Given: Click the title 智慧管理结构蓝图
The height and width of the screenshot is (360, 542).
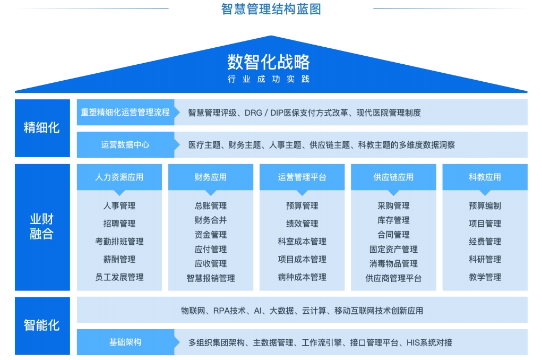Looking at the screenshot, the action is (x=271, y=9).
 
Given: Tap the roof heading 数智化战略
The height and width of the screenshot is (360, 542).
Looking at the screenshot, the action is (x=269, y=62).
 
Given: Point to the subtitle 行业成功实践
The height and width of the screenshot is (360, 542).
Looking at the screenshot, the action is (x=269, y=79).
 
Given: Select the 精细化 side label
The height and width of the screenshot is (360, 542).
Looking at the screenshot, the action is (x=42, y=128).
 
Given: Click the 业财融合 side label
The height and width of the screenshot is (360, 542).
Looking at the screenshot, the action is (x=42, y=227).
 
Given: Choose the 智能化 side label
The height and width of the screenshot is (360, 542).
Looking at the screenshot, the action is (x=42, y=326).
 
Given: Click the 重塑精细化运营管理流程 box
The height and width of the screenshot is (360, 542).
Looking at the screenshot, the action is (x=125, y=113).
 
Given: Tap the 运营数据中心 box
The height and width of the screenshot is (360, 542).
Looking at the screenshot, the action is (x=125, y=144).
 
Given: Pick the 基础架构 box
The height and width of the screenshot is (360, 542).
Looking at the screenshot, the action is (x=125, y=342).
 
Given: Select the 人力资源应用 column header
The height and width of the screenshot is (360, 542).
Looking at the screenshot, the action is (x=119, y=177).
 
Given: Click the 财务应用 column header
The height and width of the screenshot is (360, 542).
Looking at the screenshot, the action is (x=211, y=177).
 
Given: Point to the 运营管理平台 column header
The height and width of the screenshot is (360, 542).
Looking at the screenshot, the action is (x=302, y=177).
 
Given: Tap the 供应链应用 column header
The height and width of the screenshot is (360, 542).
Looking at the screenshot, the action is (x=393, y=177).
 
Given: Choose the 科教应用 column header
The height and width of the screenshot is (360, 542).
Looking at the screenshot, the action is (x=485, y=177).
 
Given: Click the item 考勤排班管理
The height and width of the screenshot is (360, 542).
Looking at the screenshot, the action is (x=119, y=242).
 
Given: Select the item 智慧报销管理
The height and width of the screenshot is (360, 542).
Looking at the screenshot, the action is (x=211, y=278).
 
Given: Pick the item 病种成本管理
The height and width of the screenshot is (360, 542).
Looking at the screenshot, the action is (x=302, y=277).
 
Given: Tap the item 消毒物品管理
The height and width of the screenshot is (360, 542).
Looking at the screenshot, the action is (x=393, y=263).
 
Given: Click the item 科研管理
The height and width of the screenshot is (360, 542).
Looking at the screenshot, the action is (x=485, y=259).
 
